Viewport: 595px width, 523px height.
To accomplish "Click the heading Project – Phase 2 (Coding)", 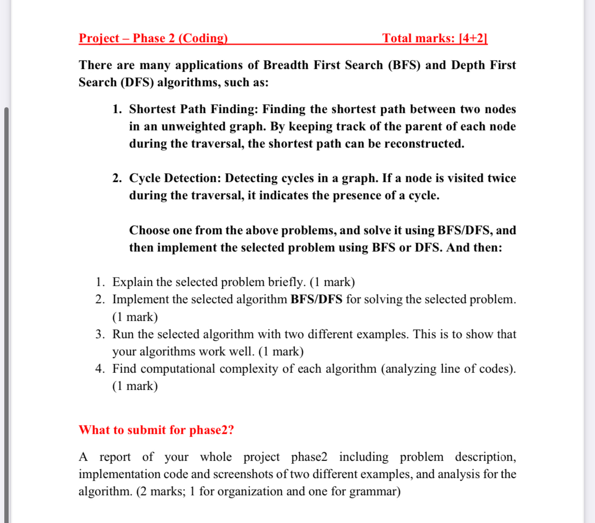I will (153, 38).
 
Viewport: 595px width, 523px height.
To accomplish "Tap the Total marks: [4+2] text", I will (435, 38).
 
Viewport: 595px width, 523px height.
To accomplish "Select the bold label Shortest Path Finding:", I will (194, 109).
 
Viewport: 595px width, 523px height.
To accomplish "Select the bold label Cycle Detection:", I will (175, 178).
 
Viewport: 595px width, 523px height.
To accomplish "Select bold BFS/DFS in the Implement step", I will (316, 299).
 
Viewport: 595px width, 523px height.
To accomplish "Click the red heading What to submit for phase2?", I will (156, 430).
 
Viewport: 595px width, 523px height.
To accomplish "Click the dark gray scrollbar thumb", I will (6, 311).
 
